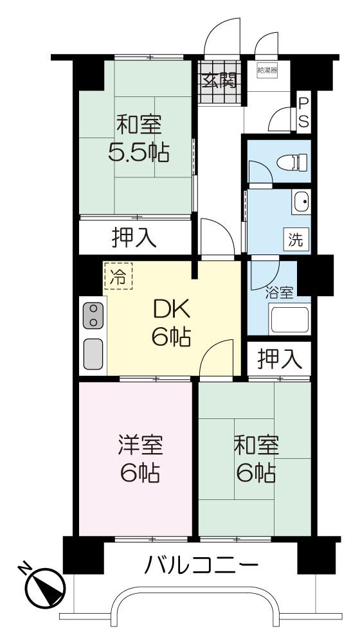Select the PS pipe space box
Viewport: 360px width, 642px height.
coord(303,112)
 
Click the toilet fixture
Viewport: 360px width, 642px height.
coord(292,162)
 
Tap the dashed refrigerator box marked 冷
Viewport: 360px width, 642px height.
coord(118,276)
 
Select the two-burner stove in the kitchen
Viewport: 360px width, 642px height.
coord(93,316)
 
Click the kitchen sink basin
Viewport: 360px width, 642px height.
coord(93,354)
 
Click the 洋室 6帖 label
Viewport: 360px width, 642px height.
coord(141,459)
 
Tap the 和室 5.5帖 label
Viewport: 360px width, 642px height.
coord(138,138)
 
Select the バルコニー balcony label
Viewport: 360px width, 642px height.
coord(202,566)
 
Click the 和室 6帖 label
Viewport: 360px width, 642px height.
coord(256,459)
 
